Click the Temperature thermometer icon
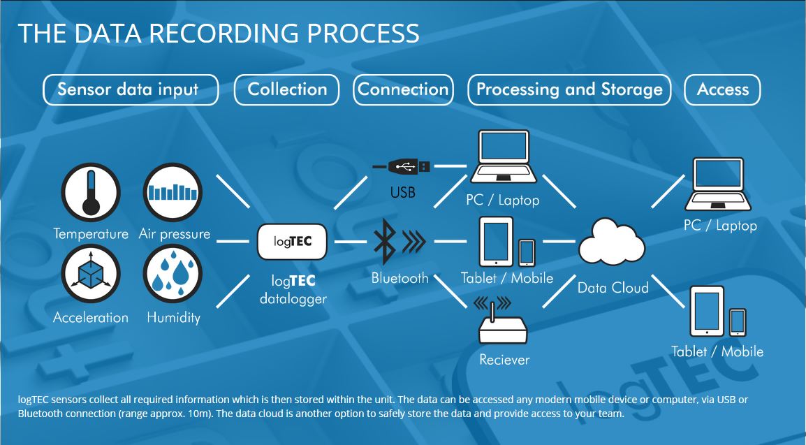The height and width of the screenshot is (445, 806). click(x=91, y=191)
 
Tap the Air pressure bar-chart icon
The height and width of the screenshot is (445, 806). click(x=172, y=191)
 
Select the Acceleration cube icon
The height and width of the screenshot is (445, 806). click(x=91, y=274)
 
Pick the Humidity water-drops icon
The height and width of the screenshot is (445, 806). click(x=172, y=274)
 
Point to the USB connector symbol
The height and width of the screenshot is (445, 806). click(x=402, y=166)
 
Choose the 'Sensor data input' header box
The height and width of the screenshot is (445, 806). click(x=130, y=90)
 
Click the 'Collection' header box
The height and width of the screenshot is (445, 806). click(x=287, y=90)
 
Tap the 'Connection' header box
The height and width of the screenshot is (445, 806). click(x=403, y=90)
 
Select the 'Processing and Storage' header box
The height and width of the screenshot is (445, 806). click(x=569, y=90)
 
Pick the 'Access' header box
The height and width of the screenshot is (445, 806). click(x=722, y=90)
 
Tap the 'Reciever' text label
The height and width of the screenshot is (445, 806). click(x=504, y=360)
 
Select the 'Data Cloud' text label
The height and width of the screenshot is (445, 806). click(x=613, y=288)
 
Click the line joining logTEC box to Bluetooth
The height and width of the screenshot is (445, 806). click(x=350, y=242)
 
